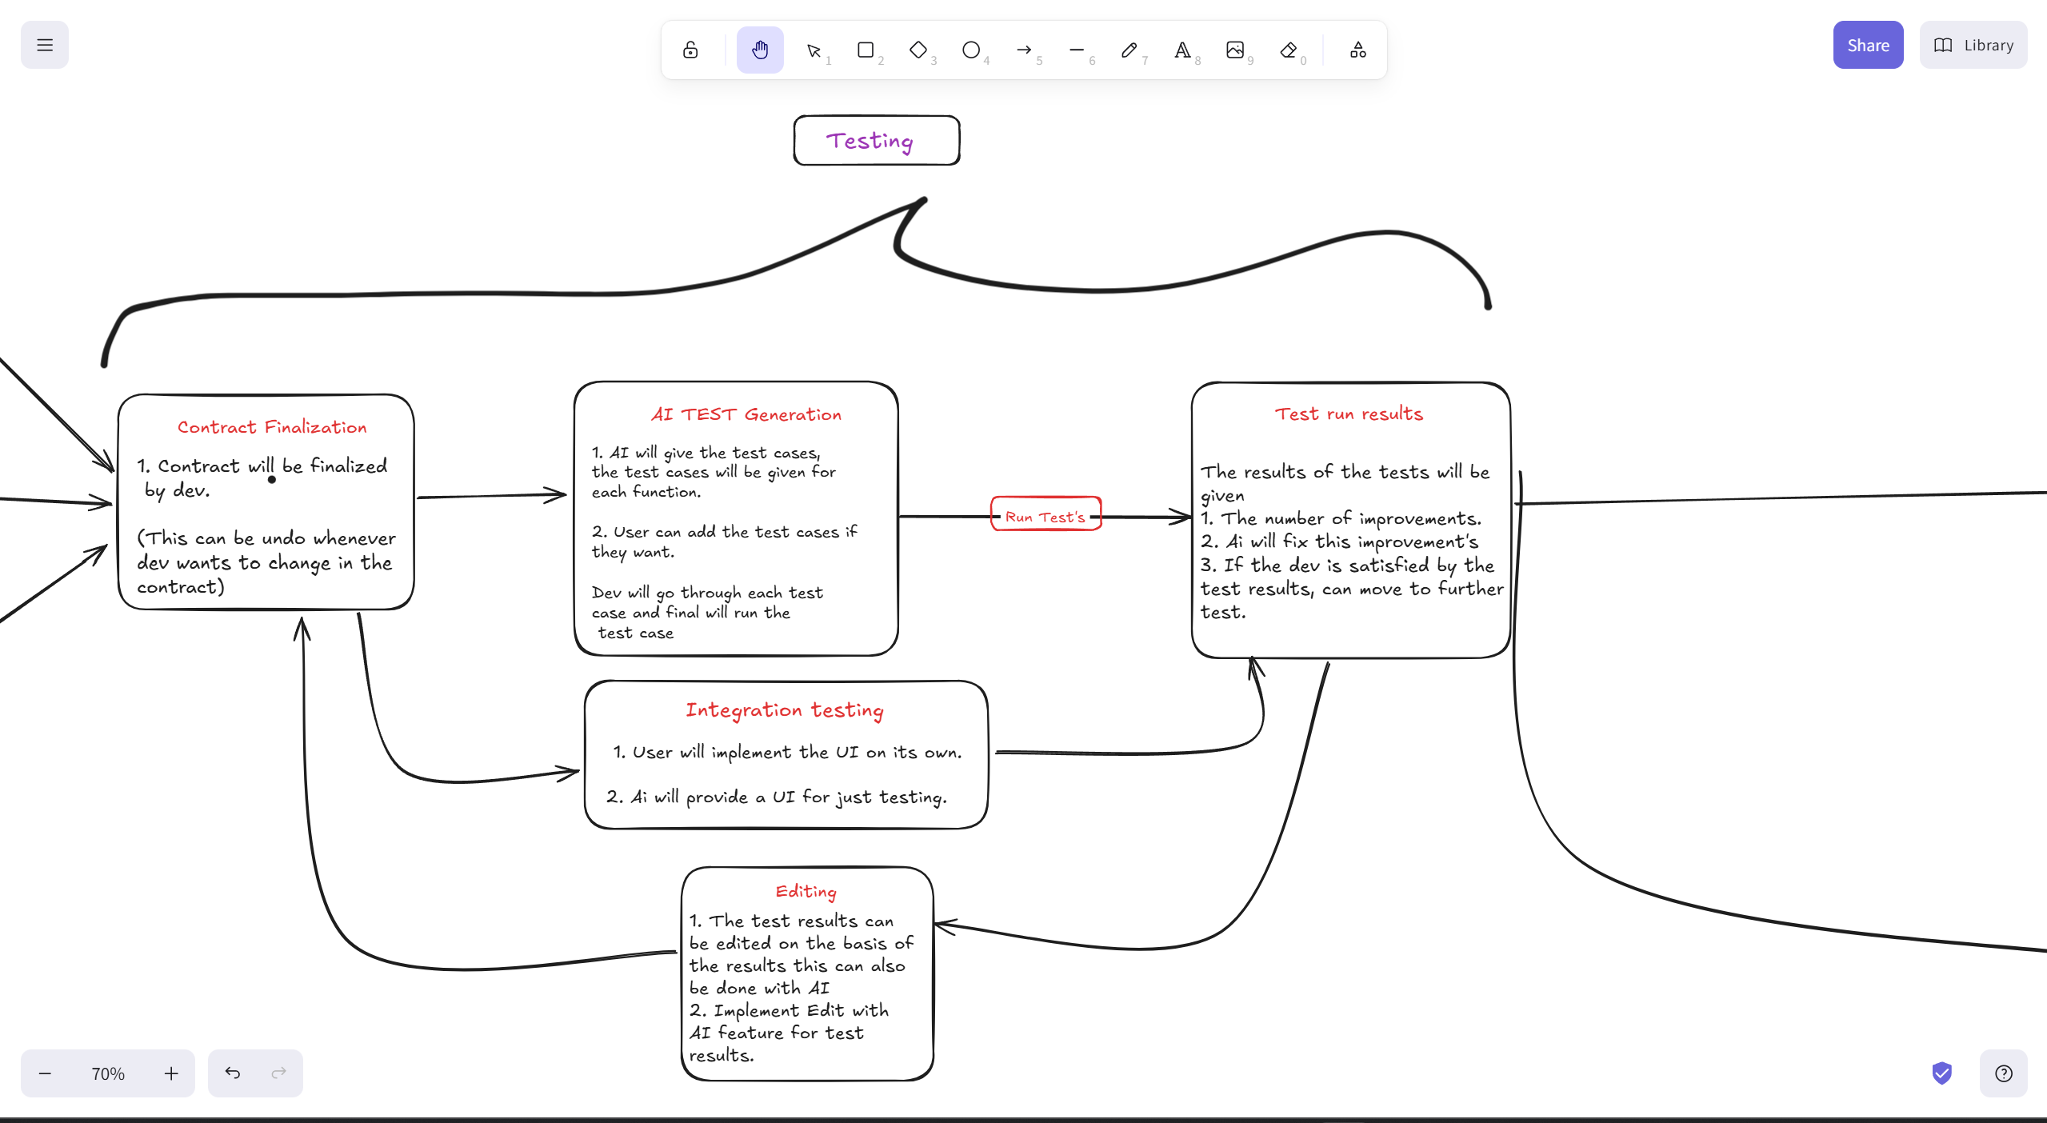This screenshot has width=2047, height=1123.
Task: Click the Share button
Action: point(1867,46)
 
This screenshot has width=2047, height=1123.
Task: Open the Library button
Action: point(1973,46)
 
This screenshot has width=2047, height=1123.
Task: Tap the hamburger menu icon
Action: point(45,46)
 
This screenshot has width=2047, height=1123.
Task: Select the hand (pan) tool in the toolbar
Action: point(760,50)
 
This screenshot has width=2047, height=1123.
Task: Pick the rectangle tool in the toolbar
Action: point(866,50)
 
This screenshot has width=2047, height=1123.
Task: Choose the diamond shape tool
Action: point(918,50)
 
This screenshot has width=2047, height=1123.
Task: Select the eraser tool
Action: point(1288,50)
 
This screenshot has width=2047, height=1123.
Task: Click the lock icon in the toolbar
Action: point(690,50)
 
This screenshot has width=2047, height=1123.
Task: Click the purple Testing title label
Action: point(870,142)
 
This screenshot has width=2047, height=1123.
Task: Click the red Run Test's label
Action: point(1045,517)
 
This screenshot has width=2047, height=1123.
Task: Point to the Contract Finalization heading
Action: point(272,427)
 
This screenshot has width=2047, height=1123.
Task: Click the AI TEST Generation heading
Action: point(746,414)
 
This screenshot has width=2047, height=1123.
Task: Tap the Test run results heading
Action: point(1349,414)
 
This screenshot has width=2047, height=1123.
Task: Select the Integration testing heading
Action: point(784,710)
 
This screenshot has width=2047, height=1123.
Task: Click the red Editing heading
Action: point(806,891)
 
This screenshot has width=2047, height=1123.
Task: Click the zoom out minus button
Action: point(46,1073)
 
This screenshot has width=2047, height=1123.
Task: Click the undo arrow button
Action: point(233,1073)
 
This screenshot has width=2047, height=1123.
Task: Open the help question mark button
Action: point(2003,1073)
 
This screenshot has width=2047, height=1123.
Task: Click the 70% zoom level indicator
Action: point(108,1073)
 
